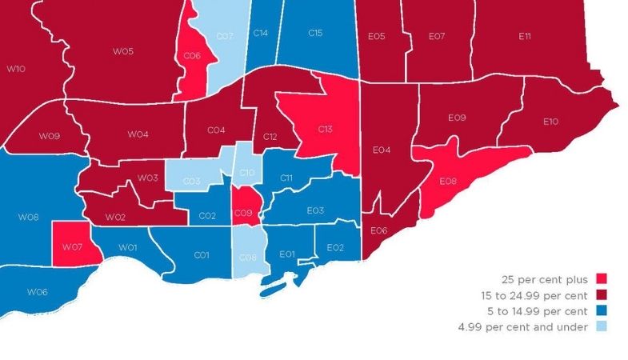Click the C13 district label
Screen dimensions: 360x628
(325, 130)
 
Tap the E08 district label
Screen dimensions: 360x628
(448, 182)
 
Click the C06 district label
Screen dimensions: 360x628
(192, 56)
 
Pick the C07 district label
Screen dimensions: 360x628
(224, 37)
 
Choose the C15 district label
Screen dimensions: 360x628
(315, 33)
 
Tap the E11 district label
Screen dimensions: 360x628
(525, 36)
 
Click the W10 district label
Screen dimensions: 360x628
(15, 70)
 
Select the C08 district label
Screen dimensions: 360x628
(248, 258)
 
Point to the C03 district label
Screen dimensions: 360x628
(192, 182)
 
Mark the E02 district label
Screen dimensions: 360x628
(335, 248)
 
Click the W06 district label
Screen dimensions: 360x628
(38, 292)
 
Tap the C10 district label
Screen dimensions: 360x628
(248, 173)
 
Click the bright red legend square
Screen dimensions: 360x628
(602, 279)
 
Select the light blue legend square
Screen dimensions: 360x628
(602, 326)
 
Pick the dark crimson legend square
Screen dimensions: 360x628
(602, 294)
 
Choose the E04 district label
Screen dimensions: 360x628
(382, 150)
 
